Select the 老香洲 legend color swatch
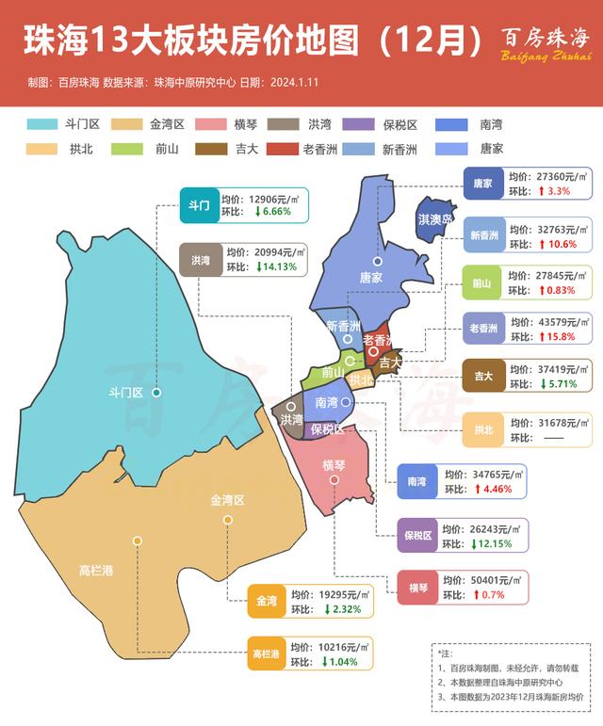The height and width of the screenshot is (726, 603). pos(281,149)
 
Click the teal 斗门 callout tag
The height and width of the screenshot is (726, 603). pos(199,203)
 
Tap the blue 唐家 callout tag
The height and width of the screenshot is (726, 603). pos(483,183)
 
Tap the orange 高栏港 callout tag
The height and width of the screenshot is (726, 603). pos(267,653)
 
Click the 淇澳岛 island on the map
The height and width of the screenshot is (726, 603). pos(434,221)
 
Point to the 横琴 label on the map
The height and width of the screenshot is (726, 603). pos(334,465)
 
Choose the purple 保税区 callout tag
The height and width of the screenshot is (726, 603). pos(416,536)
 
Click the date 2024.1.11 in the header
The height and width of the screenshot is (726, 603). pos(294,83)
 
